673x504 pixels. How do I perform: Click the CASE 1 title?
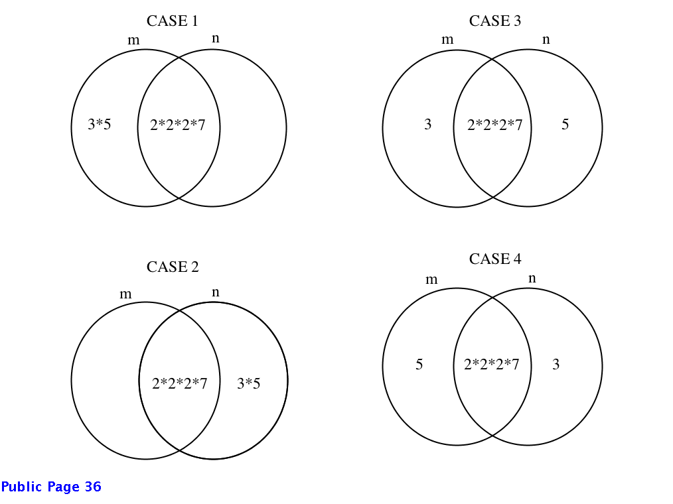[172, 21]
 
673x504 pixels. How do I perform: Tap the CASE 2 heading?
[173, 267]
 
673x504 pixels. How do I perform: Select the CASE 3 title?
[494, 21]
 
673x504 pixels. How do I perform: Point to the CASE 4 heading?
[494, 259]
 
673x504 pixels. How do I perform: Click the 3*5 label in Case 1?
[100, 124]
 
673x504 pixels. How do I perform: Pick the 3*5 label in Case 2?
[248, 383]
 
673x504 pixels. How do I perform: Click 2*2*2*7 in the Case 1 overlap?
[177, 125]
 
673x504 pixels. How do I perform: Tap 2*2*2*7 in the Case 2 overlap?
[179, 383]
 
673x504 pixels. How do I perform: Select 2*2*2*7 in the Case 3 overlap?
[494, 125]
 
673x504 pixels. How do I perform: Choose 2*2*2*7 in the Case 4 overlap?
[491, 364]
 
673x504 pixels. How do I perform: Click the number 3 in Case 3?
[427, 124]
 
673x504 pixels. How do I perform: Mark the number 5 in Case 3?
[565, 124]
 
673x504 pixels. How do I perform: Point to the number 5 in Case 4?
[419, 364]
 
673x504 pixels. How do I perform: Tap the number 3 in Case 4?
[556, 364]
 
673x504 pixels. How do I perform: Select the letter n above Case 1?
[215, 38]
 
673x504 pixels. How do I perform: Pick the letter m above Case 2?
[125, 294]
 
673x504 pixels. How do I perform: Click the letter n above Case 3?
[546, 40]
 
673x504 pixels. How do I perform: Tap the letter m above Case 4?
[431, 280]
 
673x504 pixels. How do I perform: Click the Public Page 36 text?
[51, 487]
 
